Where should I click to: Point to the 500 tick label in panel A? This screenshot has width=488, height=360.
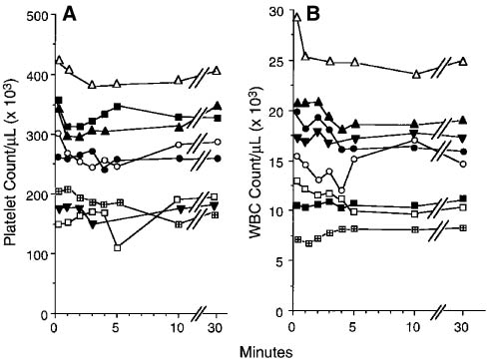pyautogui.click(x=36, y=16)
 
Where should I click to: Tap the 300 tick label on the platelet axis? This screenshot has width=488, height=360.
pyautogui.click(x=36, y=135)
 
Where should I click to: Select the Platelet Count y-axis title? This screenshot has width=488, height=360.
pyautogui.click(x=11, y=165)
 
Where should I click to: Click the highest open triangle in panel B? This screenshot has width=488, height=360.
pyautogui.click(x=296, y=16)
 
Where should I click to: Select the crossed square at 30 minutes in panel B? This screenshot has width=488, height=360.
pyautogui.click(x=462, y=227)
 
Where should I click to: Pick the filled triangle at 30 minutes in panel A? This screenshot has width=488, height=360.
pyautogui.click(x=218, y=106)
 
